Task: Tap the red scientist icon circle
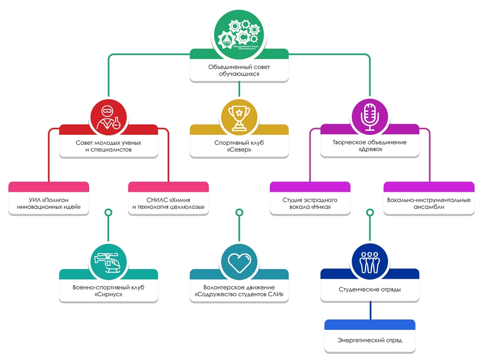(108, 117)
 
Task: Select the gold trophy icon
(239, 117)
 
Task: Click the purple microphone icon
(370, 117)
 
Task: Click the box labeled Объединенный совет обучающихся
(239, 70)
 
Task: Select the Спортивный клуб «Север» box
(239, 146)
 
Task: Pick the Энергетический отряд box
(370, 340)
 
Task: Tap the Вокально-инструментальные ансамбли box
(429, 203)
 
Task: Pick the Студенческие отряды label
(370, 289)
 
